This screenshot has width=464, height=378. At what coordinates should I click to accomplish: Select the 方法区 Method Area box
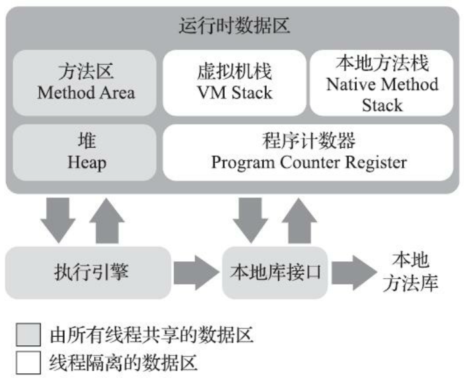pos(85,82)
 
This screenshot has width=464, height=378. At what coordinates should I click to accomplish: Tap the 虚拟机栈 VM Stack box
pos(234,82)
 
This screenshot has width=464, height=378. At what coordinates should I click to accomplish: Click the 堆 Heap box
pos(85,152)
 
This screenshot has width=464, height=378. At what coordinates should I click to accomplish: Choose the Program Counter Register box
pos(309,152)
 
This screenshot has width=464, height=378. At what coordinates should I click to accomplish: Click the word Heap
pos(86,162)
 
